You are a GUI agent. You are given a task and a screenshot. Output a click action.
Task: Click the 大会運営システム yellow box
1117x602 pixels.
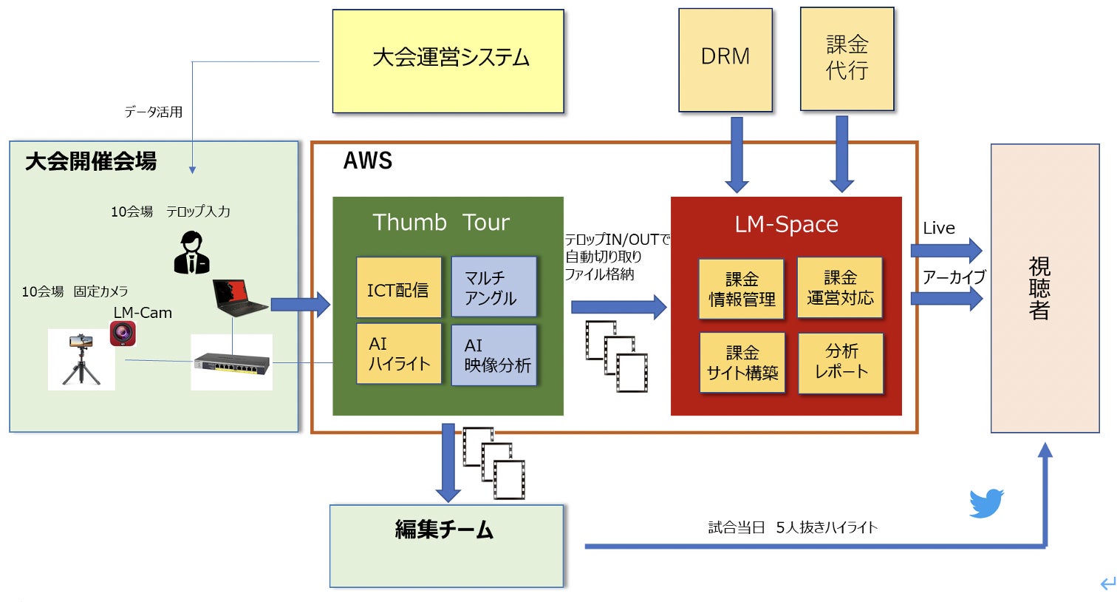point(448,61)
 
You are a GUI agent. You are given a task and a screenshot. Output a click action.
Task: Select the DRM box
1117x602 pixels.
point(725,59)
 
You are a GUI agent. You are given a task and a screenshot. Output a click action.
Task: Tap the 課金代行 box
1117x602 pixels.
point(847,58)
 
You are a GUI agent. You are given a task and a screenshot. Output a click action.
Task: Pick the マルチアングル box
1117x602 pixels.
point(493,287)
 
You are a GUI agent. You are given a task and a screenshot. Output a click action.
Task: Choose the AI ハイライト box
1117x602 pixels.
point(399,354)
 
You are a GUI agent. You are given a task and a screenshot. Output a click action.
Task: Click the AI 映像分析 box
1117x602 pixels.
point(493,355)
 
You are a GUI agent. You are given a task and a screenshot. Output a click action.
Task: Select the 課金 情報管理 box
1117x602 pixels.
point(741,289)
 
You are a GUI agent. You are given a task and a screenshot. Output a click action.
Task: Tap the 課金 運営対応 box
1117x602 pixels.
point(840,288)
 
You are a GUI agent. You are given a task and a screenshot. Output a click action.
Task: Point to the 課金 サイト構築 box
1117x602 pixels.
point(742,362)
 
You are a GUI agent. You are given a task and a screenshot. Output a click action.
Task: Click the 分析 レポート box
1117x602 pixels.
point(841,362)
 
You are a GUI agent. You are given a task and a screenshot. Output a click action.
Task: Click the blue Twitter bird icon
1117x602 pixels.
point(986,504)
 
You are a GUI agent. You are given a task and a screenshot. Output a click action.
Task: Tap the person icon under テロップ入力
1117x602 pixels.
point(192,253)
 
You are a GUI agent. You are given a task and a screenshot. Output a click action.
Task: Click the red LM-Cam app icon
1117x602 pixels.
point(123,334)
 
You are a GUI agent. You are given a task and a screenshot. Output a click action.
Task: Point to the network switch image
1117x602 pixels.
point(232,362)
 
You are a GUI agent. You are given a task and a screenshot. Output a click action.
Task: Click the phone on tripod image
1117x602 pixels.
point(81,359)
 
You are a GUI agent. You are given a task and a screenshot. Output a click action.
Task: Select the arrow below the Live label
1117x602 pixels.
point(946,251)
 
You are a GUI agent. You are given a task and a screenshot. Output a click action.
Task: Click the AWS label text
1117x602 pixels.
point(368,160)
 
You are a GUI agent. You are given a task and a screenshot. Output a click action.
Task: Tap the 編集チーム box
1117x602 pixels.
point(446,546)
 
